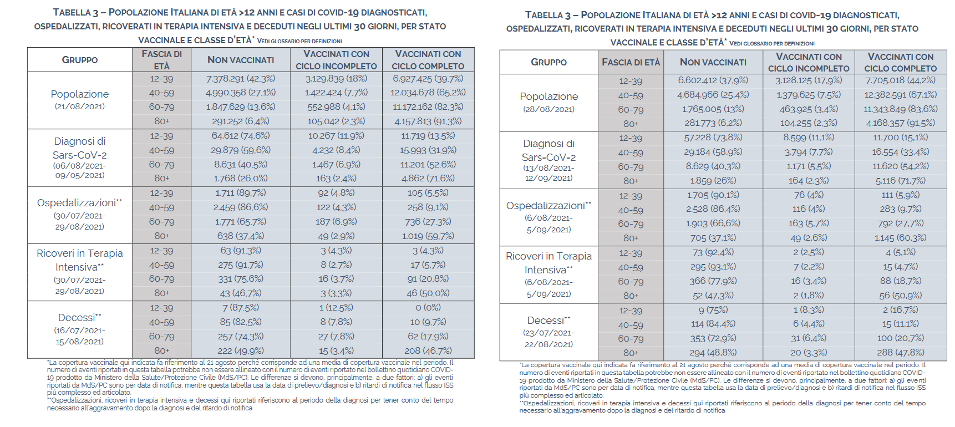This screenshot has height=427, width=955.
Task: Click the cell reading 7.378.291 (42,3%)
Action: pos(240,79)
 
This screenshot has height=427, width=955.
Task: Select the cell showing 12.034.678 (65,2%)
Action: pos(428,93)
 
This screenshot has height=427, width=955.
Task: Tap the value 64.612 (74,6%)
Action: pos(240,136)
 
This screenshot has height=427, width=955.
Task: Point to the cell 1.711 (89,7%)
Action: pos(240,193)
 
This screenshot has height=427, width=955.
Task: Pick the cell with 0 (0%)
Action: pos(428,308)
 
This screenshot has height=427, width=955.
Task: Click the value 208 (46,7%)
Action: pos(428,350)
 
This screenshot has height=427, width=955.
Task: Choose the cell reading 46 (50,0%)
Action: pos(428,293)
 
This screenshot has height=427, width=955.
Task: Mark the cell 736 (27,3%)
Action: pos(428,222)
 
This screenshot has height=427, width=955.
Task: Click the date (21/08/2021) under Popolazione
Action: pos(80,106)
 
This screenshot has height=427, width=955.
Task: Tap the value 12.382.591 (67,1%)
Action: pos(900,95)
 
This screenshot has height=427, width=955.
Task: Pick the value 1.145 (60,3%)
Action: pos(900,238)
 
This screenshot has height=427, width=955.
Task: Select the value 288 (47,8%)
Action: pos(900,353)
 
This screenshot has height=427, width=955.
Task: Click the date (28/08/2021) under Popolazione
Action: pos(548,109)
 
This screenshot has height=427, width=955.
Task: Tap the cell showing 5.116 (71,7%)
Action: pos(900,181)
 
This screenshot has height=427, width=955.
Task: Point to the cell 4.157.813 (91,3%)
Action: pos(428,121)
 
